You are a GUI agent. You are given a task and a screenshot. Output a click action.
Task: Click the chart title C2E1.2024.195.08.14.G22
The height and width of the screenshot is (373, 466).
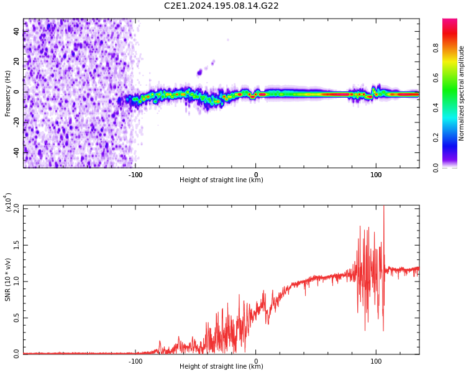click(x=221, y=6)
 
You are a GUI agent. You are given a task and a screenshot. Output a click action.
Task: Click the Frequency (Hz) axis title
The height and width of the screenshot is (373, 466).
click(x=8, y=93)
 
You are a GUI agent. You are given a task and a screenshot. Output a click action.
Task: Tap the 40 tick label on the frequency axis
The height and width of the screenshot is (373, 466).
click(x=17, y=31)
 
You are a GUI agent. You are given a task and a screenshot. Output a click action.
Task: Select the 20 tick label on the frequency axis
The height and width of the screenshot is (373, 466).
click(x=17, y=61)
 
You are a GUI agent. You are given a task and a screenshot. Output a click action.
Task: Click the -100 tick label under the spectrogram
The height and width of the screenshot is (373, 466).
click(x=135, y=175)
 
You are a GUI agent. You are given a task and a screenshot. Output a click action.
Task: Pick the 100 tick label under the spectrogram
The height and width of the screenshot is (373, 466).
click(x=376, y=175)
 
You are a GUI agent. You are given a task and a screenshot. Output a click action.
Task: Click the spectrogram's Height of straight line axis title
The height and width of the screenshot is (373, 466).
click(x=221, y=180)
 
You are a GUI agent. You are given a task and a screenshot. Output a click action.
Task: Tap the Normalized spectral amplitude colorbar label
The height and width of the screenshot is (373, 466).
click(x=462, y=93)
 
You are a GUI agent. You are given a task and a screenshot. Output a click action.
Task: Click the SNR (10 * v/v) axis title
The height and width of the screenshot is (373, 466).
click(x=8, y=280)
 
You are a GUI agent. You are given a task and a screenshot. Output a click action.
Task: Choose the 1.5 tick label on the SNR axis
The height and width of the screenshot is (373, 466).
click(x=17, y=245)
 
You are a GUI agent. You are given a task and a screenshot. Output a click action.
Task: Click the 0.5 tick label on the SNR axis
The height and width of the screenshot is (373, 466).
click(x=17, y=318)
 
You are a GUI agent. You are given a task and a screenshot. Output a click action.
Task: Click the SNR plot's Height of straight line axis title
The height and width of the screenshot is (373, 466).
click(x=221, y=367)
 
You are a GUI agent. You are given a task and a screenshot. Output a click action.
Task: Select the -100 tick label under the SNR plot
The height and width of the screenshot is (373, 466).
click(x=135, y=361)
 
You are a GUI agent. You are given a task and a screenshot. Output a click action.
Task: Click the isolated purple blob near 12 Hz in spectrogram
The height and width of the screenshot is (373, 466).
click(x=199, y=73)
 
